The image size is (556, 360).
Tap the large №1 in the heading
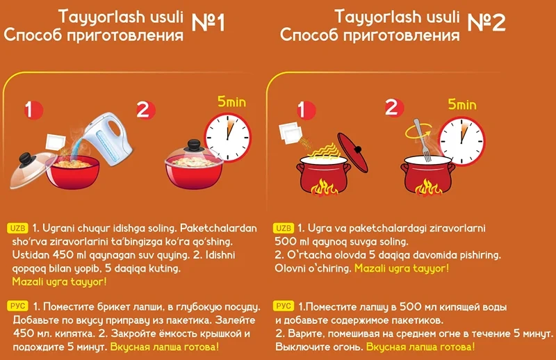pos(208,23)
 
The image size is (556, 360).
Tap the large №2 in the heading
pos(486,23)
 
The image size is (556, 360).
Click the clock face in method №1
pos(228,138)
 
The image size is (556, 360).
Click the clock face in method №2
pos(461,141)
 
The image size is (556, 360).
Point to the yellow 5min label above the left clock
pos(231,101)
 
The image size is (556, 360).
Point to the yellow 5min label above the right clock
pos(461,104)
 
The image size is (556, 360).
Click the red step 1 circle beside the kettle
pos(33,110)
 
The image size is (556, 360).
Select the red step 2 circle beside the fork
pos(394,108)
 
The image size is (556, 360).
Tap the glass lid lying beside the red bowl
pos(31,170)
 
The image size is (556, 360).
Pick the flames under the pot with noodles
pos(323,188)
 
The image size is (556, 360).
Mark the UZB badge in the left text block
pos(18,228)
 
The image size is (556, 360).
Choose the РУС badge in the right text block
pos(284,306)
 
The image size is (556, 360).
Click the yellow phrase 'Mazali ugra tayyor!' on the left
pos(59,281)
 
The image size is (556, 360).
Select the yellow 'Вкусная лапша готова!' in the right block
pos(420,347)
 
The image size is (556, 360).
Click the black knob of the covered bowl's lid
pos(194,145)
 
